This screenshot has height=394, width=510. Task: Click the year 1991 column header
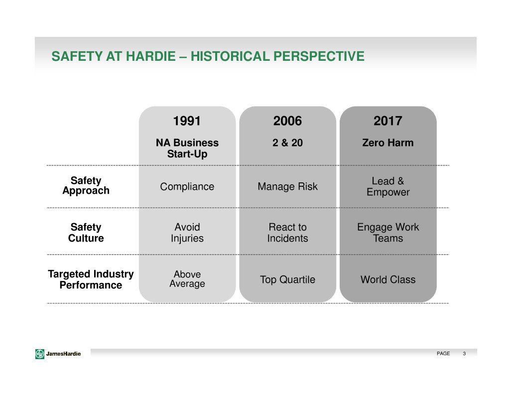click(x=187, y=121)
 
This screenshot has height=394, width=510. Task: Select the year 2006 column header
click(x=287, y=121)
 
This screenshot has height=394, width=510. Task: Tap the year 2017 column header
click(x=387, y=121)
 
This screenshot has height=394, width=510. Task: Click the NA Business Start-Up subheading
click(x=187, y=148)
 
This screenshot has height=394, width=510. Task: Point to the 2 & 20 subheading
click(x=287, y=143)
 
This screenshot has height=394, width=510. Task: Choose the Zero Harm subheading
click(x=387, y=143)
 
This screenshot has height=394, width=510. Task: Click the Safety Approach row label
click(x=86, y=186)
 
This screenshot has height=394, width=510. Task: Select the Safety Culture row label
click(x=86, y=233)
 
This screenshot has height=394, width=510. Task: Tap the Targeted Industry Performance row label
click(x=91, y=279)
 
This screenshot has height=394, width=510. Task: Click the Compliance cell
click(x=187, y=187)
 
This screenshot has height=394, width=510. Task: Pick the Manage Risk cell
click(x=287, y=187)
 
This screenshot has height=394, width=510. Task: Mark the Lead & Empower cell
click(x=387, y=187)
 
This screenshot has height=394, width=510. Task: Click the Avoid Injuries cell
click(x=187, y=233)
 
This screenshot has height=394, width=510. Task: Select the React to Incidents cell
click(x=287, y=233)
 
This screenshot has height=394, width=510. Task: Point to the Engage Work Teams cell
click(x=387, y=233)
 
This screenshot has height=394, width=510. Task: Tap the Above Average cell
click(x=187, y=279)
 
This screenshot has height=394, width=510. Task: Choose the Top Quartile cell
click(x=287, y=280)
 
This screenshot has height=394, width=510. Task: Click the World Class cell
click(x=387, y=280)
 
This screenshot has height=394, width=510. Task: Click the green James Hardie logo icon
click(x=40, y=354)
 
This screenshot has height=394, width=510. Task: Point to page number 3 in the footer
click(x=464, y=354)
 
